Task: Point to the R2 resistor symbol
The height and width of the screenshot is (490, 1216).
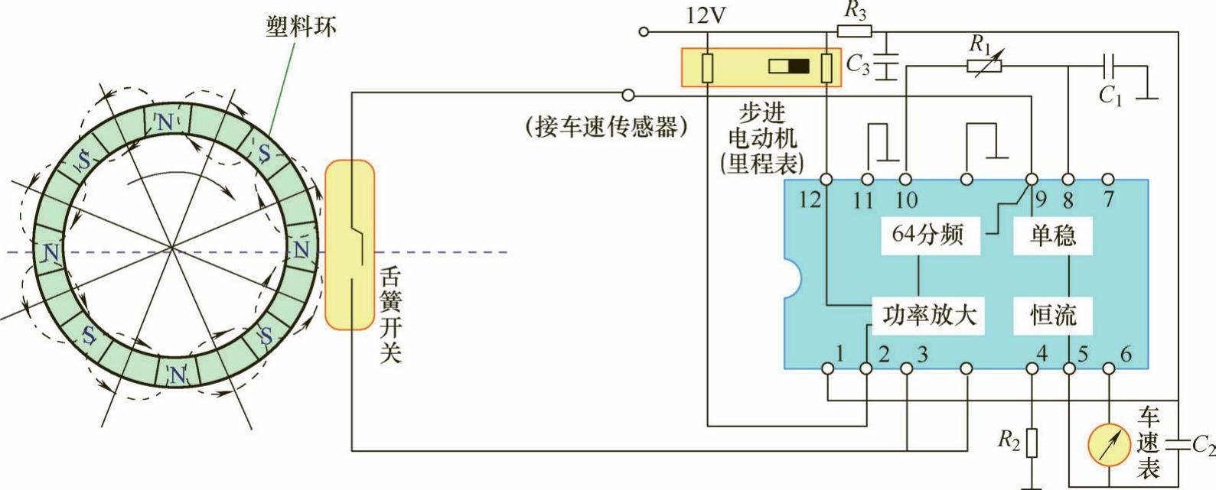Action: (x=1032, y=441)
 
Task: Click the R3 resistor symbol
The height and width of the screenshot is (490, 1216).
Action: (x=854, y=31)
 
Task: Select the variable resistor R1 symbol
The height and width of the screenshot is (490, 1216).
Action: (x=983, y=66)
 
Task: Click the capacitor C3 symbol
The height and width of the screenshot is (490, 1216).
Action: (x=886, y=64)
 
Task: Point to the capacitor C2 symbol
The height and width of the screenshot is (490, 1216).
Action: (x=1179, y=443)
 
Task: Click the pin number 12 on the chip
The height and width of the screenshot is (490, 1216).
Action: (x=810, y=200)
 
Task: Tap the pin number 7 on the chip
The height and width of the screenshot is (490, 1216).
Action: (x=1107, y=200)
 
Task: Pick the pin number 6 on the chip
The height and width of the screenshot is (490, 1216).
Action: (x=1125, y=354)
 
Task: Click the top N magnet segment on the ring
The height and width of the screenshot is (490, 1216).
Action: (x=165, y=122)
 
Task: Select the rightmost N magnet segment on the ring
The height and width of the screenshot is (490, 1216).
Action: (x=302, y=249)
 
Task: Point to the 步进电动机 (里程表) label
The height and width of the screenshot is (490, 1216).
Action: (x=762, y=138)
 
